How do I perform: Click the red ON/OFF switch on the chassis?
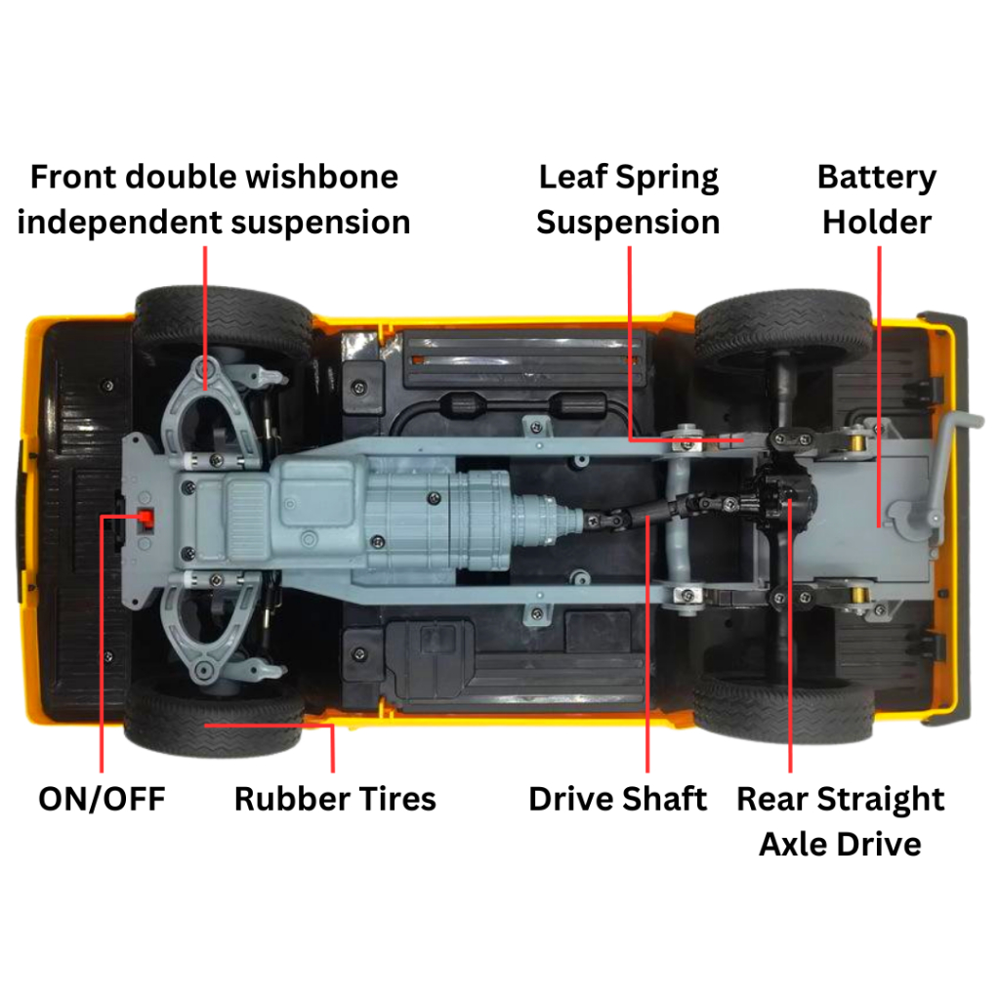[146, 517]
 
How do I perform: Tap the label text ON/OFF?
[102, 799]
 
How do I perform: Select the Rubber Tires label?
[335, 799]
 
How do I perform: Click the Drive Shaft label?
[617, 799]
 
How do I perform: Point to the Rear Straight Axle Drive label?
[840, 820]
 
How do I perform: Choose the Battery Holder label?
[876, 199]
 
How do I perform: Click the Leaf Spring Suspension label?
[628, 199]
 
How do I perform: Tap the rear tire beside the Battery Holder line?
[781, 327]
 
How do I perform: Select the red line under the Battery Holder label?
[880, 371]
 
